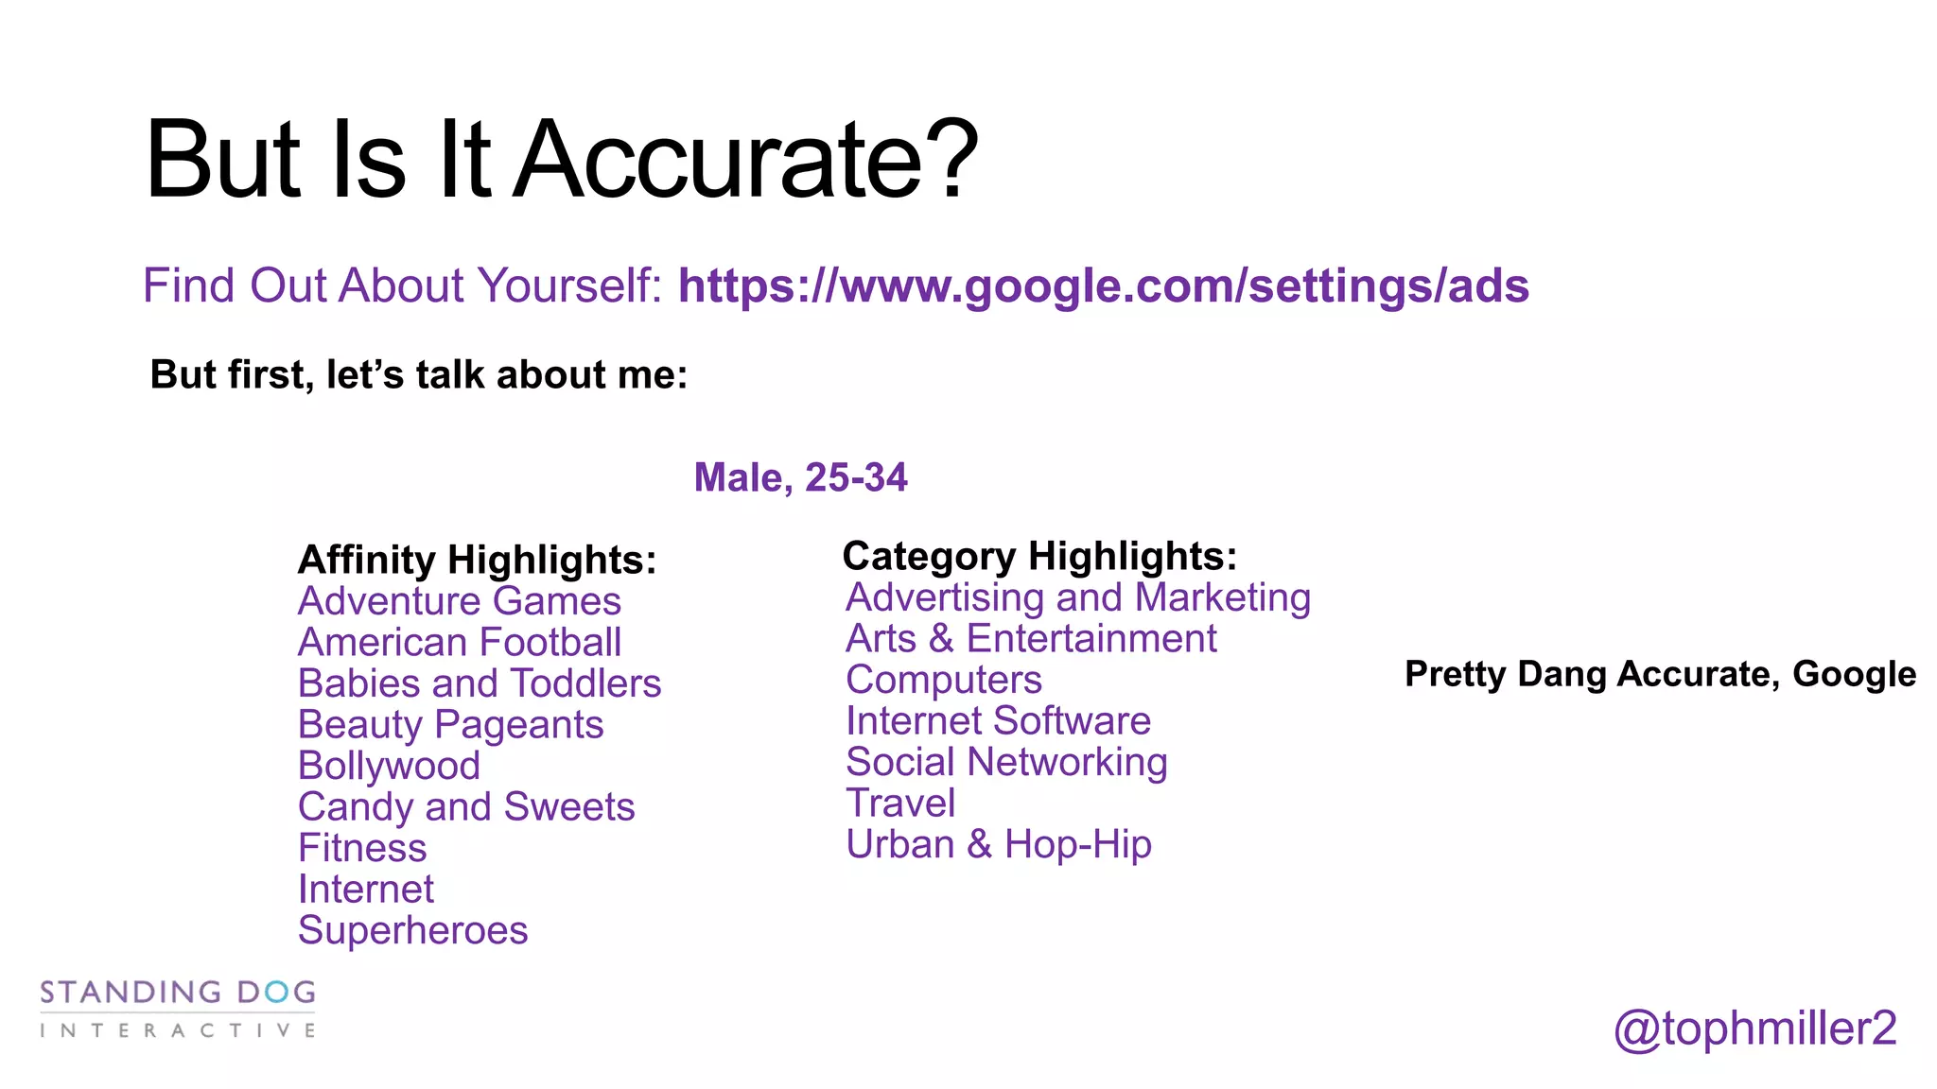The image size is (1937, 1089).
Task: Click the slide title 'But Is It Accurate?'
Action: pyautogui.click(x=562, y=159)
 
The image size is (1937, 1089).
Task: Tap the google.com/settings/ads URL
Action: pyautogui.click(x=1103, y=285)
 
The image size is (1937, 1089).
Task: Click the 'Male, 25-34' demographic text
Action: pyautogui.click(x=800, y=477)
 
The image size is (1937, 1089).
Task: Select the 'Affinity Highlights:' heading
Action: pyautogui.click(x=477, y=560)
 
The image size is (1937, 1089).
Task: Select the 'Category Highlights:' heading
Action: pyautogui.click(x=1039, y=556)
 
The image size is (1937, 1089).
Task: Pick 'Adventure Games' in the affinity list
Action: pyautogui.click(x=460, y=601)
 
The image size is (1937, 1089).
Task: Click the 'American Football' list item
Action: pyautogui.click(x=460, y=643)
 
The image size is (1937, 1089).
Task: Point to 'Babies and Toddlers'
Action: pyautogui.click(x=480, y=683)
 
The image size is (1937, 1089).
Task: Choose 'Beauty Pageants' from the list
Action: pyautogui.click(x=450, y=725)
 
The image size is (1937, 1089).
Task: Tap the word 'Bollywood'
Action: pyautogui.click(x=389, y=766)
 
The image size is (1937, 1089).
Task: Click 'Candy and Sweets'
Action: pyautogui.click(x=466, y=807)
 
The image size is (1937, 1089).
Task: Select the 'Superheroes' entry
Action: pyautogui.click(x=412, y=930)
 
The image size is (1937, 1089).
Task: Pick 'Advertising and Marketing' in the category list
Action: pyautogui.click(x=1078, y=597)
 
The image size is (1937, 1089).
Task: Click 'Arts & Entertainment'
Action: pyautogui.click(x=1031, y=639)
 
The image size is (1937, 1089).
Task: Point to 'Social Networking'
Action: pyautogui.click(x=1006, y=762)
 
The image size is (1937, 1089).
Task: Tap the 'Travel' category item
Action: pyautogui.click(x=900, y=804)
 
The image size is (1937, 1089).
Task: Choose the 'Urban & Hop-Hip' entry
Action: pyautogui.click(x=999, y=844)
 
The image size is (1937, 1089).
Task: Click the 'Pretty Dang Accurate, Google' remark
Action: pyautogui.click(x=1660, y=674)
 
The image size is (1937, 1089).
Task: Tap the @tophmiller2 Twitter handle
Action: pyautogui.click(x=1754, y=1028)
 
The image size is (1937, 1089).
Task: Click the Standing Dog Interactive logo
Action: pyautogui.click(x=178, y=1009)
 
